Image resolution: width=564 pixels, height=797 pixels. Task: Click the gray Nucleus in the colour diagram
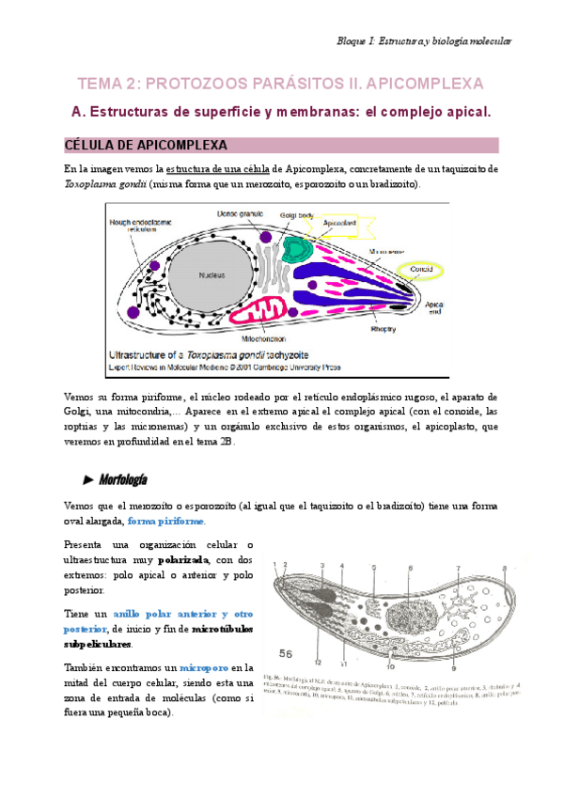[x=211, y=275]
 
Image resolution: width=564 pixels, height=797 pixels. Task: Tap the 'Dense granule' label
[x=237, y=214]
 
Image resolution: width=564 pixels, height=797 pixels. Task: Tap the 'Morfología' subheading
[x=123, y=480]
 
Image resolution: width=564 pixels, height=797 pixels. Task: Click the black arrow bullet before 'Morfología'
[x=88, y=480]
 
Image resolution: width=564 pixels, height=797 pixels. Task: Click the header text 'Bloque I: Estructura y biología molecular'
[x=424, y=41]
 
